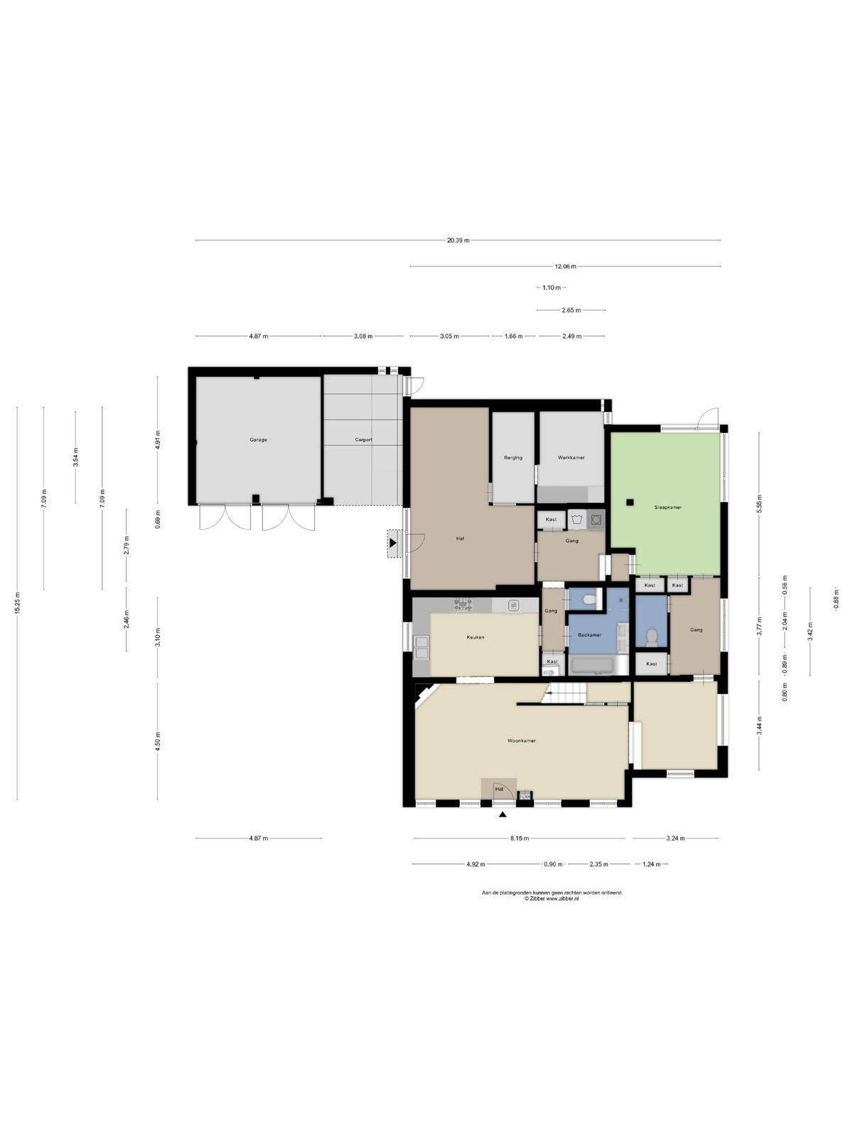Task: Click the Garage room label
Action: coord(259,440)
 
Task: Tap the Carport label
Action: coord(363,440)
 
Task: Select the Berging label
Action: coord(513,458)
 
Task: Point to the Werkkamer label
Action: coord(572,458)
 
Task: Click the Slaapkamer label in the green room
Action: coord(668,508)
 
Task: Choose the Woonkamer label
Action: coord(522,741)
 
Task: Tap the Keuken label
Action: coord(476,637)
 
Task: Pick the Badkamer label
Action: coord(590,634)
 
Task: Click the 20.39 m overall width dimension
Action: coord(458,240)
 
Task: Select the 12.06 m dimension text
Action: coord(566,267)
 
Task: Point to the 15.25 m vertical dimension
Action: coord(17,603)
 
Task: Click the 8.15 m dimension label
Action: coord(520,839)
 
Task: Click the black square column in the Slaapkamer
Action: coord(630,502)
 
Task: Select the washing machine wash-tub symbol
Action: coord(577,519)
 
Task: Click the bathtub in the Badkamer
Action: coord(599,666)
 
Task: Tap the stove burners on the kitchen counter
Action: coord(463,605)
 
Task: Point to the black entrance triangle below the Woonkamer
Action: coord(503,814)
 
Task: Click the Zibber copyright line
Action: coord(552,899)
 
